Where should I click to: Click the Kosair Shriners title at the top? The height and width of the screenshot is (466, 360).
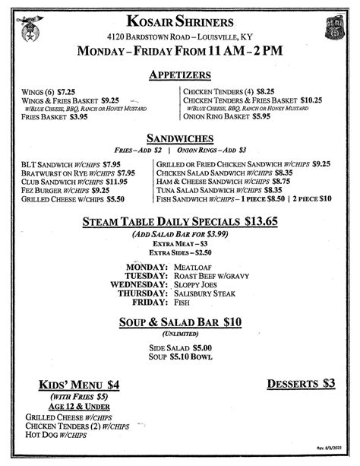tap(180, 20)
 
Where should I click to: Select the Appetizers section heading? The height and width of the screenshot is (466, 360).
tap(180, 74)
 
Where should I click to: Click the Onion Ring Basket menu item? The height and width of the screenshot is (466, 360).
tap(226, 118)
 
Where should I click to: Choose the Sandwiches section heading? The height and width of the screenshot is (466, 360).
tap(180, 139)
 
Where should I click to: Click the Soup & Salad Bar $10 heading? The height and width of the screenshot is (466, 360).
tap(180, 323)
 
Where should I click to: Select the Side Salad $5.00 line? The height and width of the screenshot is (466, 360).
tap(180, 347)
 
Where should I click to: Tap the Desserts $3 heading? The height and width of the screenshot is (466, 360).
tap(301, 384)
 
